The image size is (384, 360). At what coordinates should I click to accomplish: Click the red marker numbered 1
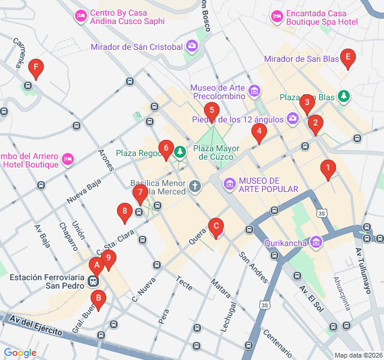(x=327, y=169)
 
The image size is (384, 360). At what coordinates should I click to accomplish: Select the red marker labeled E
(x=347, y=58)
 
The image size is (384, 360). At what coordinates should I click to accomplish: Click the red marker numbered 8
(x=125, y=211)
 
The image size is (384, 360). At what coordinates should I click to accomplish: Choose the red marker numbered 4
(x=259, y=132)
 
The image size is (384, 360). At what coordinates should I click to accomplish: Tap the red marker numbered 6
(x=166, y=148)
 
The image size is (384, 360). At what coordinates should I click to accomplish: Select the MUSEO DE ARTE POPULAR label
(x=268, y=185)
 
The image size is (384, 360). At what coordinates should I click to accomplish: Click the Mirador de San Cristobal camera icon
(x=191, y=46)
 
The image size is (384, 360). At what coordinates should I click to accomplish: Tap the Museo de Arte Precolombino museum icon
(x=254, y=91)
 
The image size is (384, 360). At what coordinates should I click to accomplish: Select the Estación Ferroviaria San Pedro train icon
(x=93, y=280)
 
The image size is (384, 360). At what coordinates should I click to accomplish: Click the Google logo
(x=20, y=353)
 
